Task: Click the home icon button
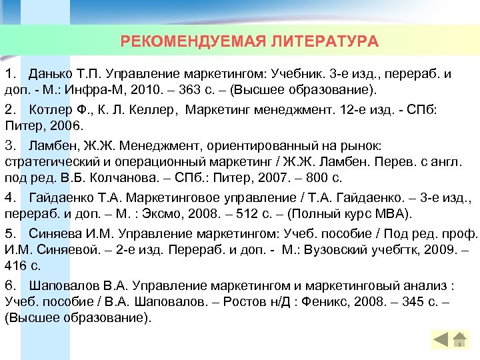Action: coord(459,339)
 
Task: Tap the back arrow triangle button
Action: coord(441,339)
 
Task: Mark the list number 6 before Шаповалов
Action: coord(9,286)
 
